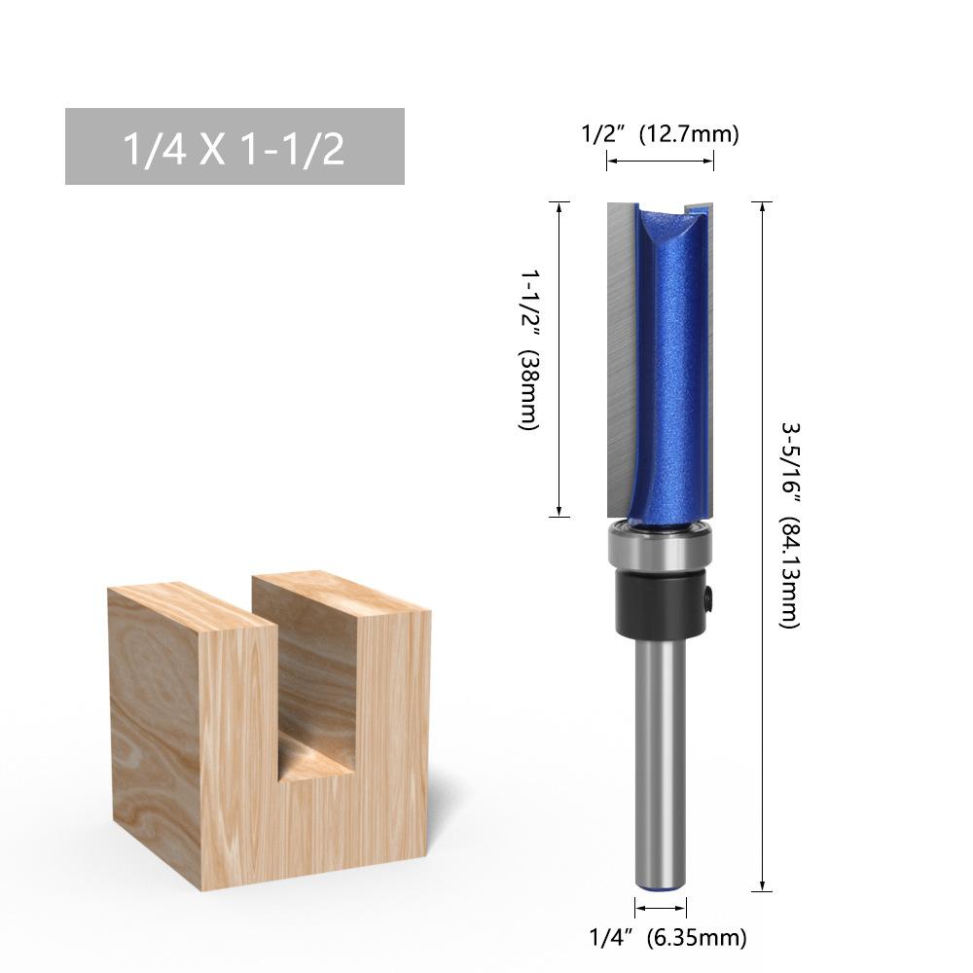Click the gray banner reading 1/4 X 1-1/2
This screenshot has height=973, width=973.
point(234,147)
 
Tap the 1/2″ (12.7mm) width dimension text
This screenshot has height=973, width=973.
point(661,133)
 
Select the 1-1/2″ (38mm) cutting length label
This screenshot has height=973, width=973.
point(529,349)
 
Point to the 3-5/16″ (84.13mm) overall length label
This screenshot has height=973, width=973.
point(790,525)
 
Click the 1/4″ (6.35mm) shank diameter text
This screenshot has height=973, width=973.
point(667,937)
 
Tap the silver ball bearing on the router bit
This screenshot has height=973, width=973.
point(661,546)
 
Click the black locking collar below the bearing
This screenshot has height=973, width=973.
point(661,602)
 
